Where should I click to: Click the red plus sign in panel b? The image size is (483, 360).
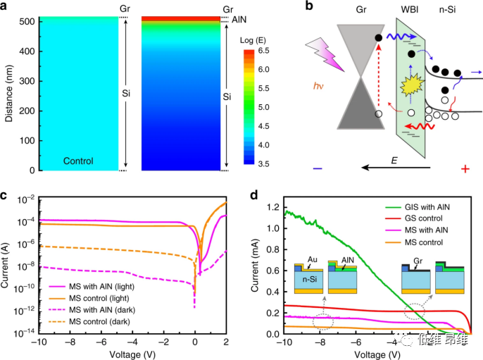[x=465, y=169]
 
